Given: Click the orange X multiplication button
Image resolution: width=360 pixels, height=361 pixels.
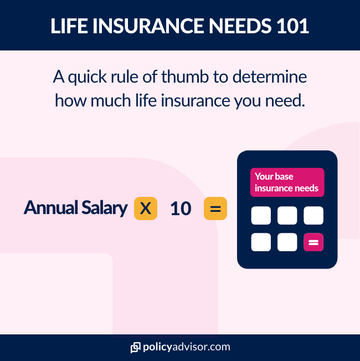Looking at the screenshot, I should click(x=145, y=209).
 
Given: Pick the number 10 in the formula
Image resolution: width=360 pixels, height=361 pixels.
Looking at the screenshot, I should click(x=181, y=209).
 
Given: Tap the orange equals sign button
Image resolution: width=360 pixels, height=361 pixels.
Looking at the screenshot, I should click(x=215, y=209).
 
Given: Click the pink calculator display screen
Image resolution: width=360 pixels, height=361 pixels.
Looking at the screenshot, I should click(x=287, y=182).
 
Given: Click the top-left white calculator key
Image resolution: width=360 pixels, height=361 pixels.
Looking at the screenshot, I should click(x=261, y=216).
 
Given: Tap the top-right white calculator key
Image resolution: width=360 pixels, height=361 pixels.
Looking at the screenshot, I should click(x=313, y=216).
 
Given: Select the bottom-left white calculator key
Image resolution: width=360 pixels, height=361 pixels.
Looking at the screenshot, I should click(x=261, y=242).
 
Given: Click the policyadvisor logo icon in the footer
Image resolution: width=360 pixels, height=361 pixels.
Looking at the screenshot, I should click(x=135, y=348).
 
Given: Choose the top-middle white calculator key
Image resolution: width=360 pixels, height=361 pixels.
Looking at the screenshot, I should click(x=287, y=216).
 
